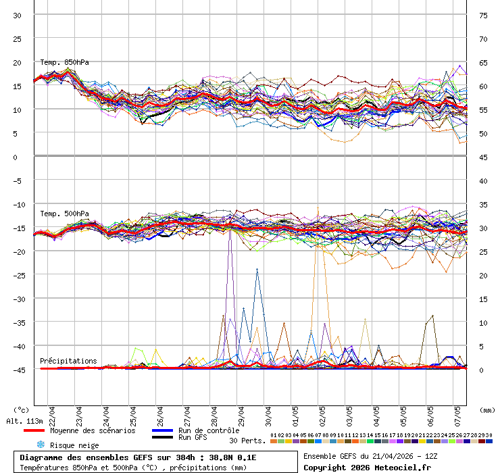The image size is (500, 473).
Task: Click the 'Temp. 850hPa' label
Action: point(64,62)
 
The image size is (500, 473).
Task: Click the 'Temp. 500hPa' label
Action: point(64,214)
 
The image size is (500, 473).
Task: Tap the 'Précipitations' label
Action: point(68,361)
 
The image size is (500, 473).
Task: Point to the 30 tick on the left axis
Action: point(18,15)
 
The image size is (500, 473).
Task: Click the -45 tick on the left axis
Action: point(18,370)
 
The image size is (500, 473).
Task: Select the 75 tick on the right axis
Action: point(484,15)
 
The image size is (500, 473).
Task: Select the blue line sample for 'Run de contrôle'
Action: point(162,430)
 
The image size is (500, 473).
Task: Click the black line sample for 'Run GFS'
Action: point(162,437)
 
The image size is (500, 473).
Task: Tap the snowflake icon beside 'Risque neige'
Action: point(41,445)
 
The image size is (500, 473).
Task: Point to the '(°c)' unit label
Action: point(21,409)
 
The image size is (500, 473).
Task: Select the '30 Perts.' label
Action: point(247,441)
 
